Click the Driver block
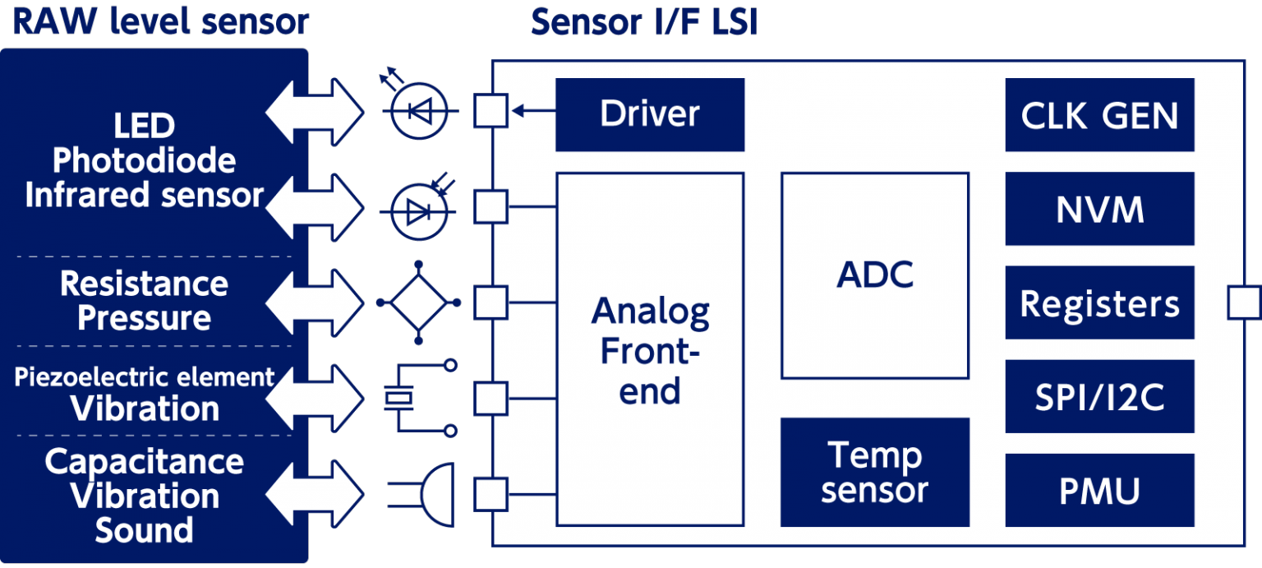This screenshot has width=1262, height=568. coord(649,114)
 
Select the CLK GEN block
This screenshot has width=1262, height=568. coord(1099,115)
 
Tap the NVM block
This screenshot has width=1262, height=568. coord(1099,209)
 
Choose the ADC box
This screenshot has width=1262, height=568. coord(875,275)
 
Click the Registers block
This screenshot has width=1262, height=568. coord(1099,303)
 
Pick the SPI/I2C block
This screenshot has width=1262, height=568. coord(1099,397)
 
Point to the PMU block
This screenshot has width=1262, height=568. coord(1099,491)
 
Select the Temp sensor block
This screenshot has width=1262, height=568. coord(874,472)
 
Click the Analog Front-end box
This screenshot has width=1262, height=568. coord(650,349)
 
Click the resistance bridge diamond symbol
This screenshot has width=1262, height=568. coord(419,302)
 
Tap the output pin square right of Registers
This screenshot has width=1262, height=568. coord(1243,302)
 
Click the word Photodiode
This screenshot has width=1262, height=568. coord(144,161)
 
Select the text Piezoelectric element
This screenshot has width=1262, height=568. coord(144,377)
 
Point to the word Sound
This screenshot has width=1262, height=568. coord(144,530)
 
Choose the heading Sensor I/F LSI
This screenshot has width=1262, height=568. coord(643,22)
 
